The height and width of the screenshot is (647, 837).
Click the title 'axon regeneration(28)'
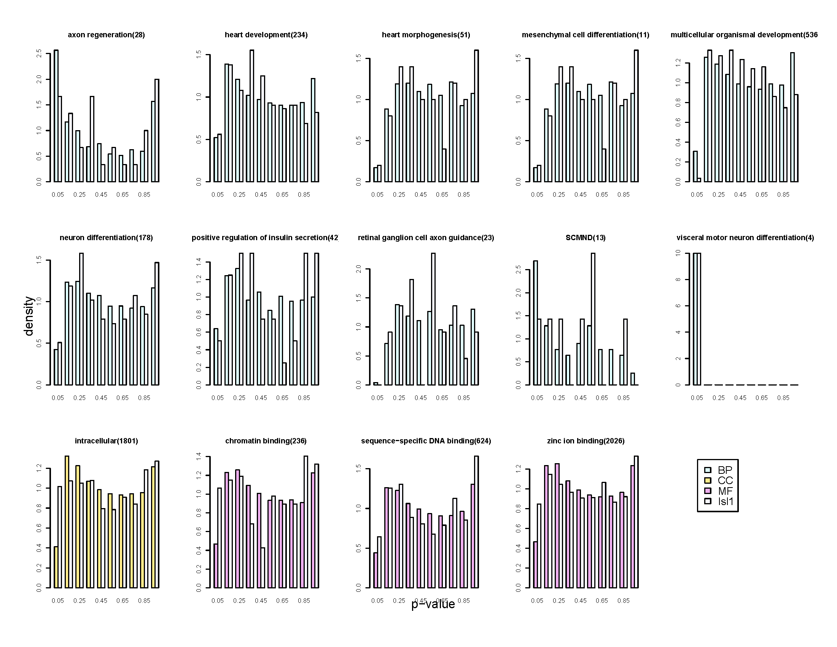pyautogui.click(x=106, y=35)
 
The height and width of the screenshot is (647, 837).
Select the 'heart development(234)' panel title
pyautogui.click(x=266, y=35)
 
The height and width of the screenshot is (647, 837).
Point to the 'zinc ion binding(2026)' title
pyautogui.click(x=586, y=441)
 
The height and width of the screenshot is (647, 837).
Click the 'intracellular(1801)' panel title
pyautogui.click(x=106, y=441)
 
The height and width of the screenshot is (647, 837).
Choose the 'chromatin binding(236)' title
pyautogui.click(x=266, y=441)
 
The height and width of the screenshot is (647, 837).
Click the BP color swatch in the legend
pyautogui.click(x=708, y=470)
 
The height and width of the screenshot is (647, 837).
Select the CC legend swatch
pyautogui.click(x=708, y=480)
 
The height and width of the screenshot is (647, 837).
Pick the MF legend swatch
pyautogui.click(x=708, y=491)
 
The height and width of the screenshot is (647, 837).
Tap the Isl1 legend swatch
pyautogui.click(x=708, y=501)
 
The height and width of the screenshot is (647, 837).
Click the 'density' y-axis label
pyautogui.click(x=29, y=316)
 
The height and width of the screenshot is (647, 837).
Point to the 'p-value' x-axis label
pyautogui.click(x=433, y=604)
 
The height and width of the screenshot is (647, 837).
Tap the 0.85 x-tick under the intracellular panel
pyautogui.click(x=144, y=601)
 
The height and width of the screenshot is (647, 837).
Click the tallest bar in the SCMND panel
pyautogui.click(x=593, y=318)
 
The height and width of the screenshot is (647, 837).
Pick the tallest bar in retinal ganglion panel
pyautogui.click(x=433, y=318)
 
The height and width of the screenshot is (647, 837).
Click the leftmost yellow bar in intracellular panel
pyautogui.click(x=56, y=567)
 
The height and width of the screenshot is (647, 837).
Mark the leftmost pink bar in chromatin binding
pyautogui.click(x=216, y=566)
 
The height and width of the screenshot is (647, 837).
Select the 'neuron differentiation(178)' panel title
pyautogui.click(x=106, y=237)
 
